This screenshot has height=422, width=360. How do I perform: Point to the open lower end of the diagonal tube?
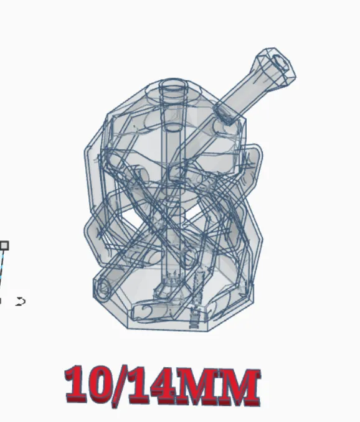pos(103,288)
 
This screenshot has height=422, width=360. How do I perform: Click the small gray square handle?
pos(4,245)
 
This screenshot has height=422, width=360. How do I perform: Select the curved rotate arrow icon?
pos(21,301)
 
